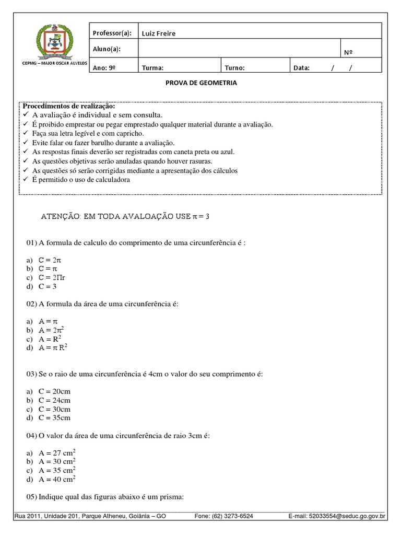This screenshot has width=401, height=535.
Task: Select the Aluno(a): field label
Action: (106, 49)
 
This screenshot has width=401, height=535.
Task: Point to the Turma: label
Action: (152, 67)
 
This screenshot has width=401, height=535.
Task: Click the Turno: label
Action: (234, 67)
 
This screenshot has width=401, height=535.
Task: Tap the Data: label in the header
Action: (301, 67)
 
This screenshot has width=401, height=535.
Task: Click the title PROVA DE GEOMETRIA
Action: (200, 83)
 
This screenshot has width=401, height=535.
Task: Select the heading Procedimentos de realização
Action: (68, 106)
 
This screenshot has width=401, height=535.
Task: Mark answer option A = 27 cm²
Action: (57, 453)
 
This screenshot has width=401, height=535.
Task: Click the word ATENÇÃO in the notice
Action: (57, 216)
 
